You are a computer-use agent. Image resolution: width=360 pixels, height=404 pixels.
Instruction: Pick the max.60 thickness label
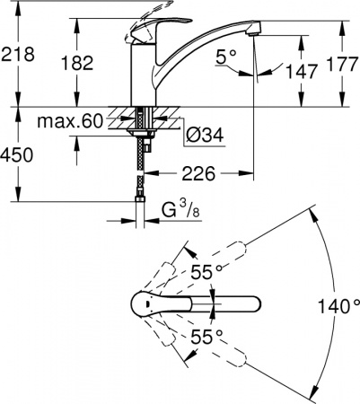tap(71, 121)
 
